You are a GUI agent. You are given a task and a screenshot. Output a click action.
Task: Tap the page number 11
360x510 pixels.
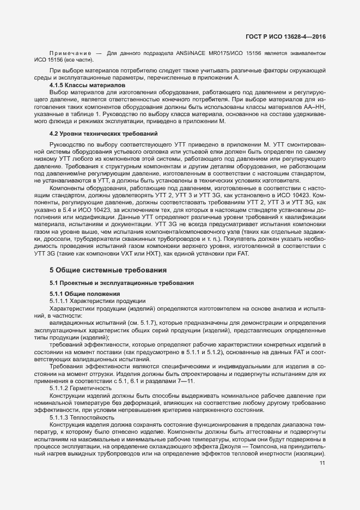[322, 463]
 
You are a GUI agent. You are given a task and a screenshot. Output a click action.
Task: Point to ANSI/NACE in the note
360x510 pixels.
[193, 53]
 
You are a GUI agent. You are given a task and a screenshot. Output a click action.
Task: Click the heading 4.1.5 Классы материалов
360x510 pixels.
[87, 86]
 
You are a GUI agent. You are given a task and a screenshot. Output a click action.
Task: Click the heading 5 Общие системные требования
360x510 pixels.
[108, 270]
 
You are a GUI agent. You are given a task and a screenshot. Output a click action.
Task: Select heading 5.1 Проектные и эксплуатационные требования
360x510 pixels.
[118, 282]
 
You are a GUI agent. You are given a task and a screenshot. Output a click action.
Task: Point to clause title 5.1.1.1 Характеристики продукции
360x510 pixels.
[97, 301]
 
